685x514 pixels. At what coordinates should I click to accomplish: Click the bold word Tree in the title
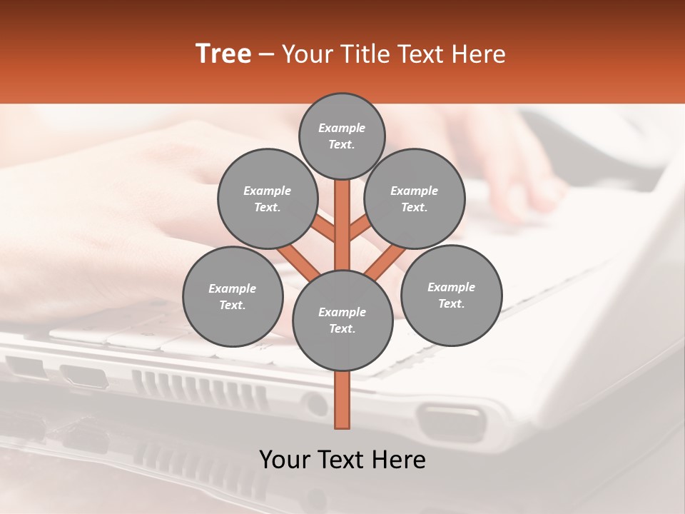223,54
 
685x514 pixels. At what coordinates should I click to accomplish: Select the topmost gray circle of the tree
342,136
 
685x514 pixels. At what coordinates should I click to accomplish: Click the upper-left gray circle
267,198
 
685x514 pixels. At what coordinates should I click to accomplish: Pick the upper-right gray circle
414,198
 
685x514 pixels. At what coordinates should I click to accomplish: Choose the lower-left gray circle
233,296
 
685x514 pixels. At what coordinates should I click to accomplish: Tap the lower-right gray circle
451,295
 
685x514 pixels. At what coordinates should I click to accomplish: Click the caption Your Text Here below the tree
342,460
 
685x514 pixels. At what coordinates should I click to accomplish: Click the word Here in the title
483,54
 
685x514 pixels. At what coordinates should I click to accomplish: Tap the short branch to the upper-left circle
324,230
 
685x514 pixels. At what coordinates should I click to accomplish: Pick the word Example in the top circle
342,128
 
